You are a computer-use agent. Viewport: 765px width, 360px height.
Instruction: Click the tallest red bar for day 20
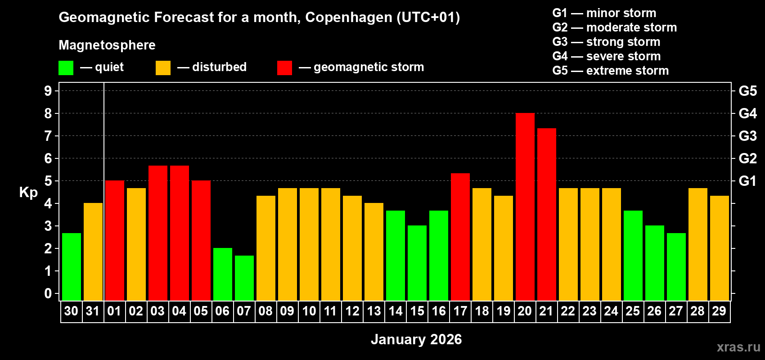[x=525, y=207]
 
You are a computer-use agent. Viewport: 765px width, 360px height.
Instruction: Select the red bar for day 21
[x=546, y=215]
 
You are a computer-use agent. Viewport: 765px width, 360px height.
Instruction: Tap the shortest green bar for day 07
[x=244, y=278]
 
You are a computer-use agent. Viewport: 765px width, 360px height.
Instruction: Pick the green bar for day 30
[x=72, y=267]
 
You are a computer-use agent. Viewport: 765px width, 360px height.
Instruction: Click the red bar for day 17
[x=460, y=237]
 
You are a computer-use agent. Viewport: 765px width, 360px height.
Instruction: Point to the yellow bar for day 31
[x=93, y=252]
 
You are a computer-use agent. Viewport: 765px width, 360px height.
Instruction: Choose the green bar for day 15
[x=417, y=263]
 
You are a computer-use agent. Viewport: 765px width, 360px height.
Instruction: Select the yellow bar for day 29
[x=719, y=248]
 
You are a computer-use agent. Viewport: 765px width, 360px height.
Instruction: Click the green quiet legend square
[x=66, y=68]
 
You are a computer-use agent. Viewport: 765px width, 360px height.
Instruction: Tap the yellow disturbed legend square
[x=163, y=68]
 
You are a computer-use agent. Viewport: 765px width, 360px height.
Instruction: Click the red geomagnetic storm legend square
[x=284, y=68]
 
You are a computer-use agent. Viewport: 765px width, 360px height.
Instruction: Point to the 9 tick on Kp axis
[x=48, y=91]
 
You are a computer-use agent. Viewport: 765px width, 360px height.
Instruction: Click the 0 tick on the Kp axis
[x=48, y=294]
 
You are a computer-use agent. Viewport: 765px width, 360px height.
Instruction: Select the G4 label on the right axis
[x=747, y=113]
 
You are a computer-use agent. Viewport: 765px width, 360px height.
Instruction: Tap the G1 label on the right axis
[x=747, y=181]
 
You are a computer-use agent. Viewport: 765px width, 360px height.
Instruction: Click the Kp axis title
[x=28, y=193]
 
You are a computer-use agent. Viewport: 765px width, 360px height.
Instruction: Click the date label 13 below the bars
[x=374, y=311]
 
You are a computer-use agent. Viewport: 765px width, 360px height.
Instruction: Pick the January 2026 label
[x=416, y=339]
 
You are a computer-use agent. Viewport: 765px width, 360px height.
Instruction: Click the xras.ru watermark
[x=738, y=347]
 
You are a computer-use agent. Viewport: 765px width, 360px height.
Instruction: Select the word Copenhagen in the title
[x=348, y=18]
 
